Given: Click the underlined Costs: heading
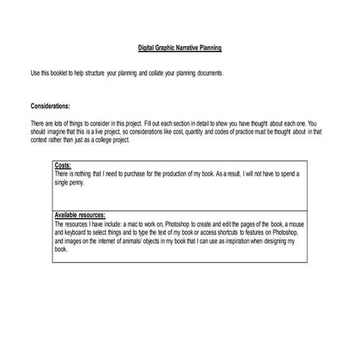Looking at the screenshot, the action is pos(63,165).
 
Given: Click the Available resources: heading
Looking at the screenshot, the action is pos(83,215).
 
